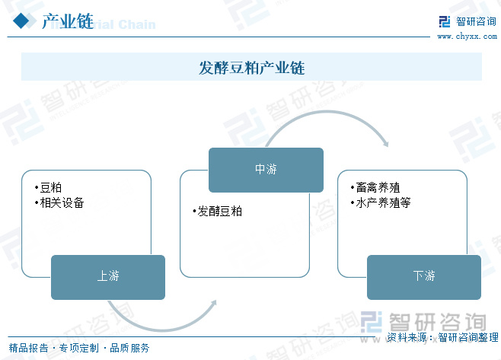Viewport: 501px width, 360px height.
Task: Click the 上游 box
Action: (108, 276)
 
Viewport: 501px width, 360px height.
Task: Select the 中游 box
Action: (266, 169)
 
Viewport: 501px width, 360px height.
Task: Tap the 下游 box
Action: (424, 276)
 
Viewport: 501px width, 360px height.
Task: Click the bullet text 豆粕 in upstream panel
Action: (50, 188)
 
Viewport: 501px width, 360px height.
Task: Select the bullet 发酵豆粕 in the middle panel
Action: (219, 211)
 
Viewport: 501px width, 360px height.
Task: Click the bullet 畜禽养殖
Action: (377, 188)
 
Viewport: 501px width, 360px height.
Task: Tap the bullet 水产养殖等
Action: (382, 203)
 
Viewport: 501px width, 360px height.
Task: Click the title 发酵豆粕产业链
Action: (251, 67)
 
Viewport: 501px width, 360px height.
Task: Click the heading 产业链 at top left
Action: (67, 22)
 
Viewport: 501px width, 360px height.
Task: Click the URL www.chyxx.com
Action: (467, 37)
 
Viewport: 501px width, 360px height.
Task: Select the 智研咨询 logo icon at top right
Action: (445, 22)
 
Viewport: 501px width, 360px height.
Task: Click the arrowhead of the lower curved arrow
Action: (212, 303)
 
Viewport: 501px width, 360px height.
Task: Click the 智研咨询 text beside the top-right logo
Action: (476, 21)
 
